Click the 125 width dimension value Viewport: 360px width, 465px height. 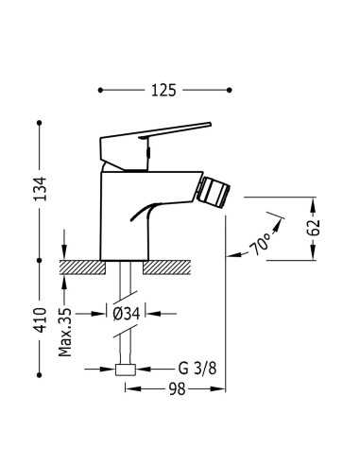(163, 91)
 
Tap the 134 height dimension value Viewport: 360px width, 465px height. (41, 189)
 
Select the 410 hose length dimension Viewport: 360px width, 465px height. (41, 320)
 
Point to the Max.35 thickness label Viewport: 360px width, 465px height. (65, 333)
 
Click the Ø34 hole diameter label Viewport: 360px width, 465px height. (126, 314)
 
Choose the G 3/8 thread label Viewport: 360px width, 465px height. (197, 369)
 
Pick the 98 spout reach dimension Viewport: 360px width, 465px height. (178, 389)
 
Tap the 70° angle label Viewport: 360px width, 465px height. (260, 244)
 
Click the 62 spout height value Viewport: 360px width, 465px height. (314, 228)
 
